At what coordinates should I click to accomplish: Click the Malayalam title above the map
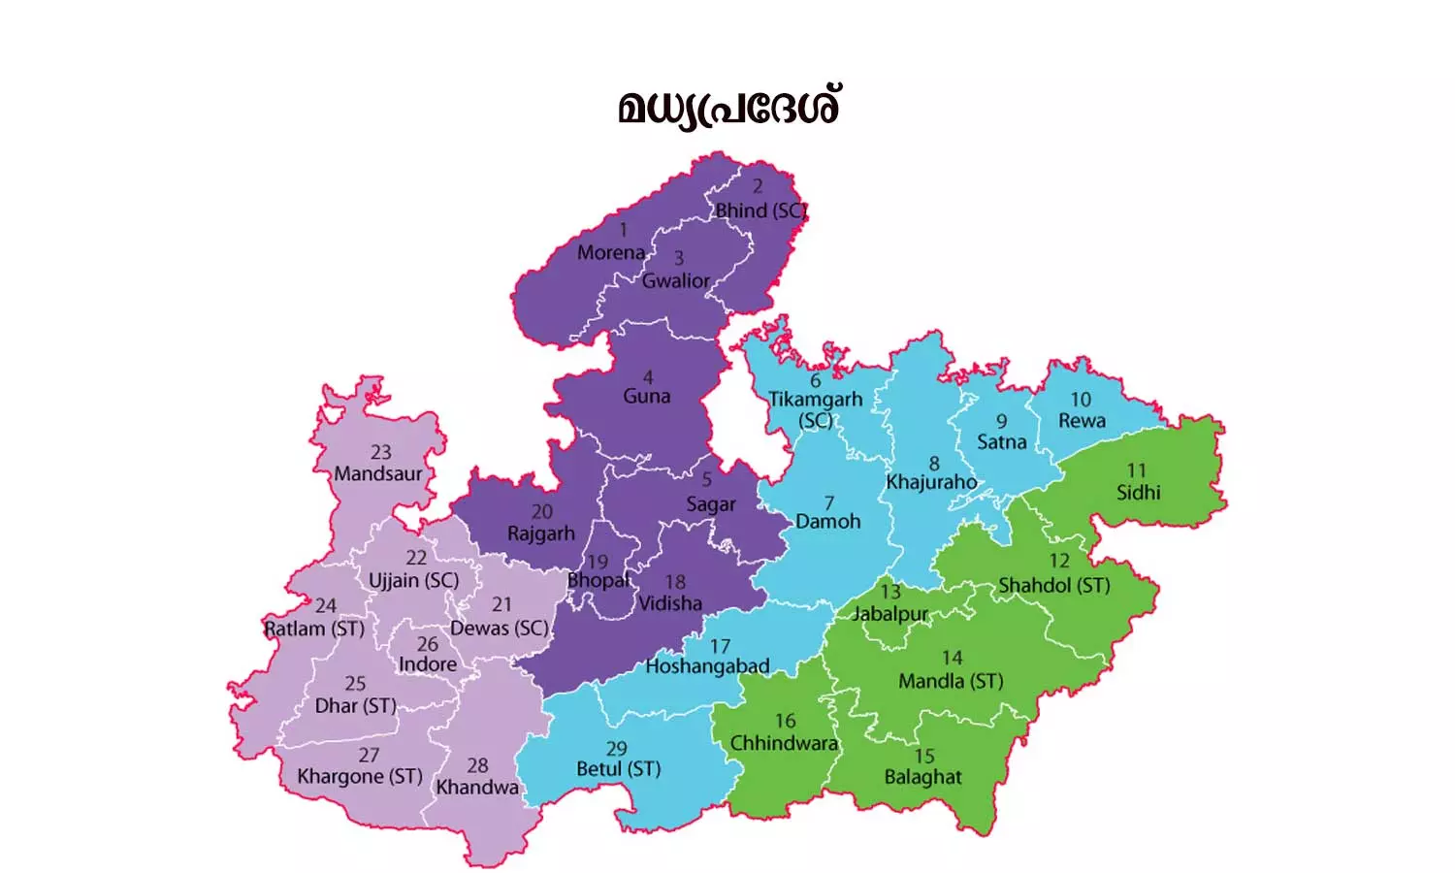click(728, 107)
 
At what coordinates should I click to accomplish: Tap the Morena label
click(611, 252)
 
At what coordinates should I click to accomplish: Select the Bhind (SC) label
click(760, 210)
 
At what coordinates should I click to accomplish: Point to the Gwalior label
click(676, 280)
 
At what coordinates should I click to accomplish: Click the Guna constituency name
click(647, 396)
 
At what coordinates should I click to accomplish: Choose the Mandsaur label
click(378, 473)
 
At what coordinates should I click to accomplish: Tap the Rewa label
click(1082, 421)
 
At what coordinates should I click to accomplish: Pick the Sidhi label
click(1138, 492)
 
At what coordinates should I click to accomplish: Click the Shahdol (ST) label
click(1054, 585)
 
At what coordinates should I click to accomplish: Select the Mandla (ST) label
click(951, 681)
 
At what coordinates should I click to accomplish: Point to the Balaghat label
click(922, 777)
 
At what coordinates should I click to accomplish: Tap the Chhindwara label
click(784, 743)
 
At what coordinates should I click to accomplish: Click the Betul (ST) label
click(618, 769)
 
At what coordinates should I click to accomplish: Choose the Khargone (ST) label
click(360, 776)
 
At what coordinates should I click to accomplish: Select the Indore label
click(427, 664)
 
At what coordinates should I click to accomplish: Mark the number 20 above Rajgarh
click(542, 511)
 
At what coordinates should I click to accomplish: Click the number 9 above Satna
click(1001, 421)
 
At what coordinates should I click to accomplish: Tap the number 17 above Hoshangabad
click(720, 646)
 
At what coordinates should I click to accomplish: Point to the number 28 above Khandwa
click(477, 765)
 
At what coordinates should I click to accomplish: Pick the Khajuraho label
click(931, 481)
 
